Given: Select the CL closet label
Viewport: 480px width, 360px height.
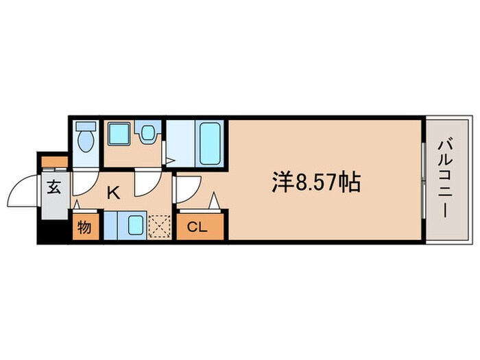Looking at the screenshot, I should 200,227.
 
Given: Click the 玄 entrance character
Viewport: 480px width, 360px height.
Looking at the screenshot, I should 53,187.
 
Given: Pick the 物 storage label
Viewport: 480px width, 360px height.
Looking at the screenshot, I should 84,227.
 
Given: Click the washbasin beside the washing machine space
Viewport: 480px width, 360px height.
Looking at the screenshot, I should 146,134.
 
